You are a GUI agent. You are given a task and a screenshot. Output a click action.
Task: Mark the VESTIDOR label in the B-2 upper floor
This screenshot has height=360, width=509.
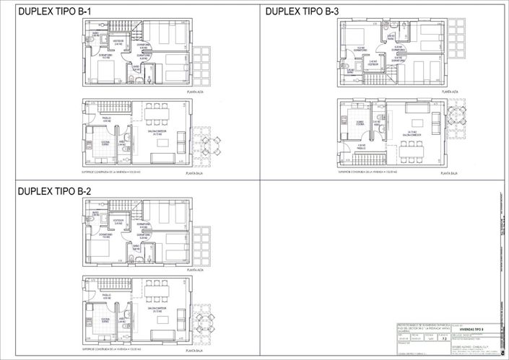point(119,221)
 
